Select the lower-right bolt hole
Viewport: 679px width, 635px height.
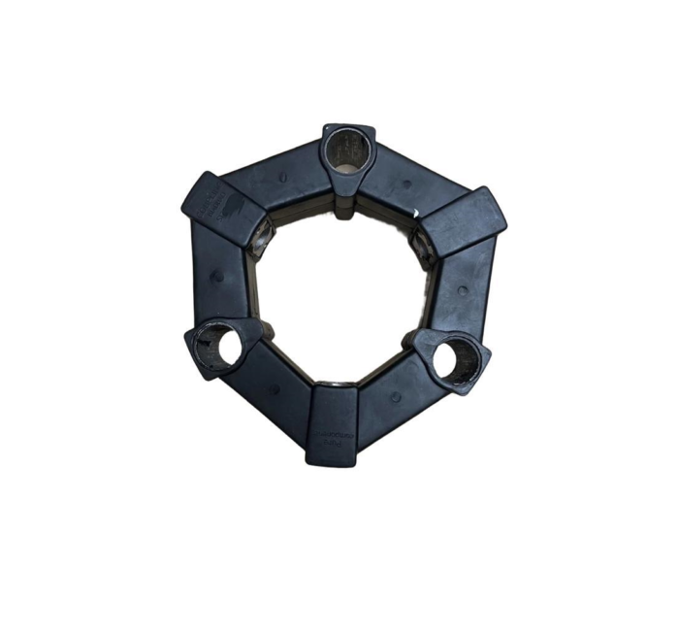[451, 360]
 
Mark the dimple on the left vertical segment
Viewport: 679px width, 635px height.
[217, 276]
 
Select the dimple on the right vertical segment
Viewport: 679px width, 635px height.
[462, 290]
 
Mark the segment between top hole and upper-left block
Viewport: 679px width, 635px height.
[275, 179]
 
